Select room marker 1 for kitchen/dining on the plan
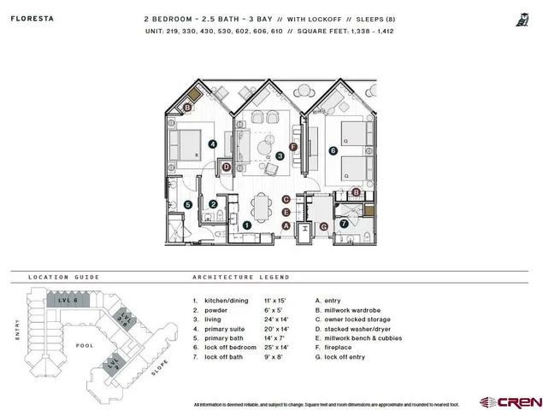tap(246, 225)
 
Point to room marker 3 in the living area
tap(280, 155)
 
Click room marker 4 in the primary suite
tap(211, 145)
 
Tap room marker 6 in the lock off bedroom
tap(333, 151)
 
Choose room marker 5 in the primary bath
tap(187, 204)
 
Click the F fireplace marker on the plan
tap(293, 147)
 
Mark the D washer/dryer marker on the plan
tap(227, 167)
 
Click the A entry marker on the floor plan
tap(286, 225)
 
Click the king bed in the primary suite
tap(189, 143)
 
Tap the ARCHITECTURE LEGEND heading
tap(240, 278)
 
